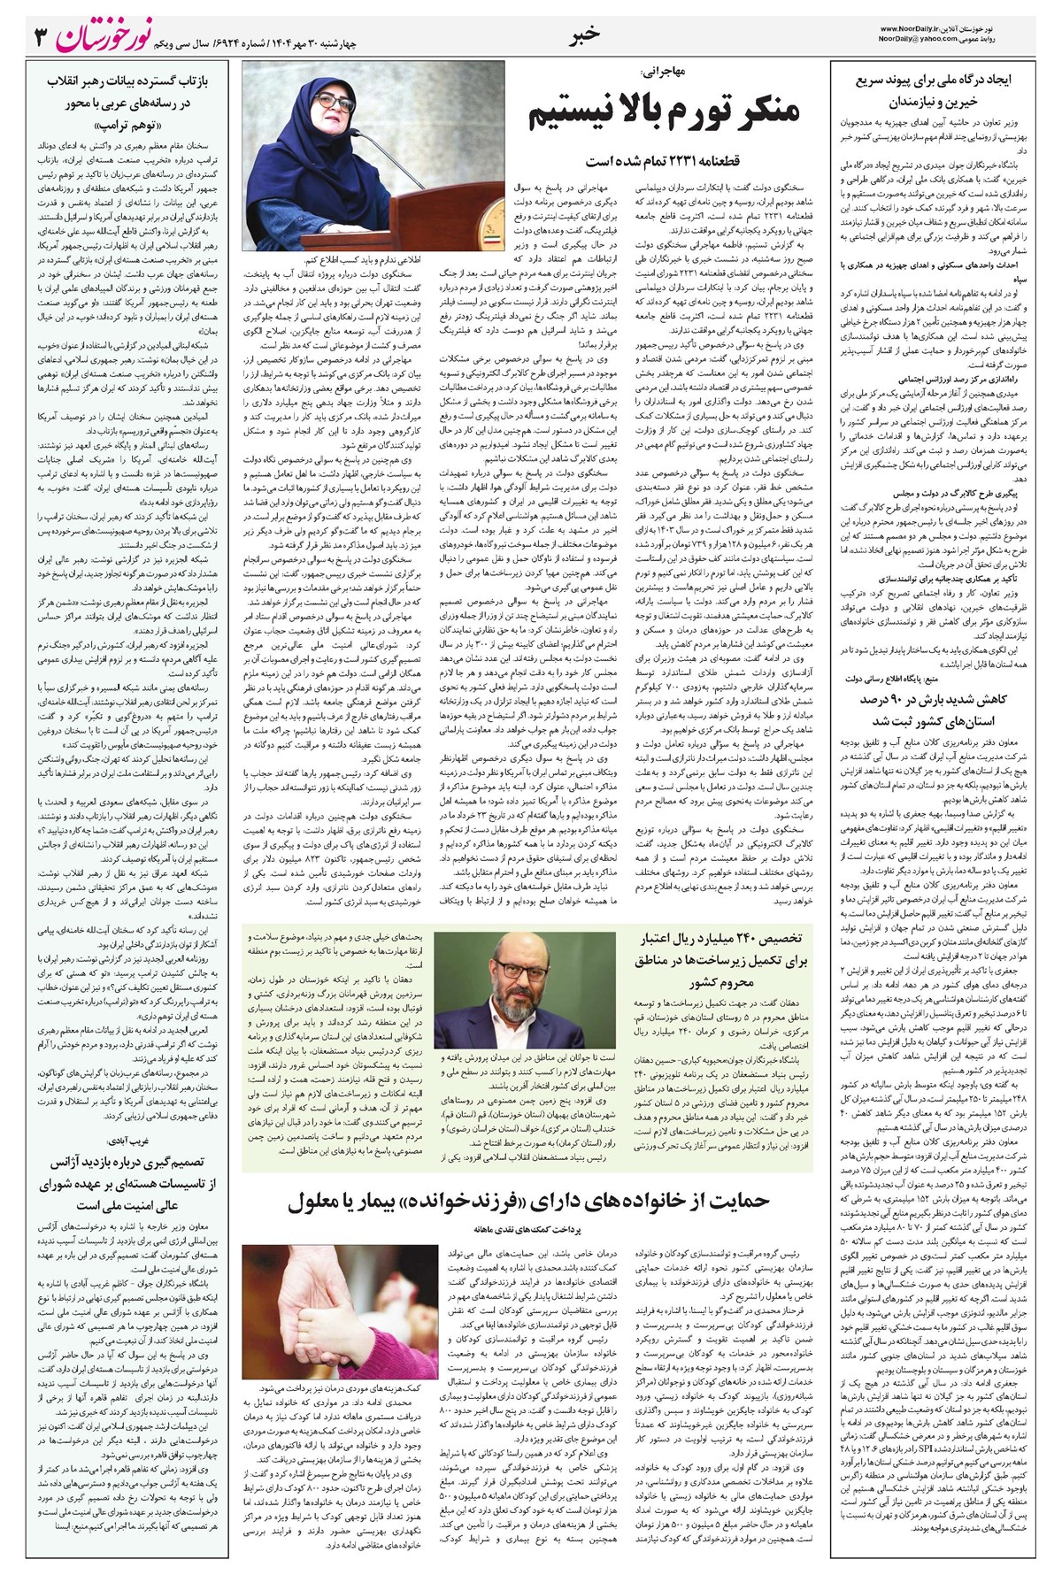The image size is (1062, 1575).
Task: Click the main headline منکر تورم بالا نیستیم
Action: (665, 113)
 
